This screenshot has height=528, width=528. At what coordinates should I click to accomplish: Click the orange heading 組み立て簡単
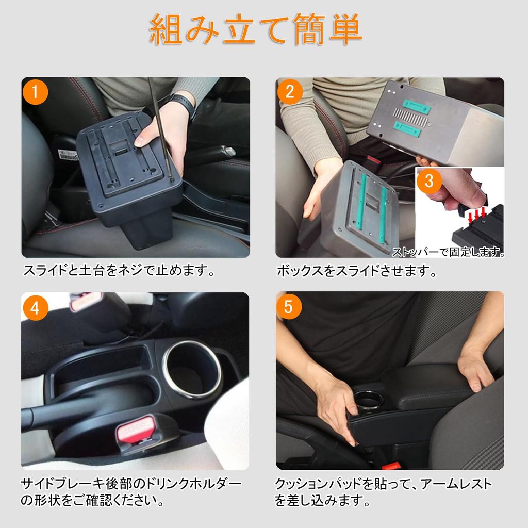(x=256, y=30)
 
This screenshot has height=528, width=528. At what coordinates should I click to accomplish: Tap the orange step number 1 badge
(x=36, y=93)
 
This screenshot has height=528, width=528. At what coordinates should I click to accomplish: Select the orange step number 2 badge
(x=290, y=93)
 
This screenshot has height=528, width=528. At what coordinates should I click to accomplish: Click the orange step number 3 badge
(x=430, y=181)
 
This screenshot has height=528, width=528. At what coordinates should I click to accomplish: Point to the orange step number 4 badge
(x=36, y=308)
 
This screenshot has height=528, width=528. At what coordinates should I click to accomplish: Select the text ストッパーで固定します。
(x=448, y=252)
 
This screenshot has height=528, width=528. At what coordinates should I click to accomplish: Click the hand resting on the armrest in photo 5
(x=474, y=369)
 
